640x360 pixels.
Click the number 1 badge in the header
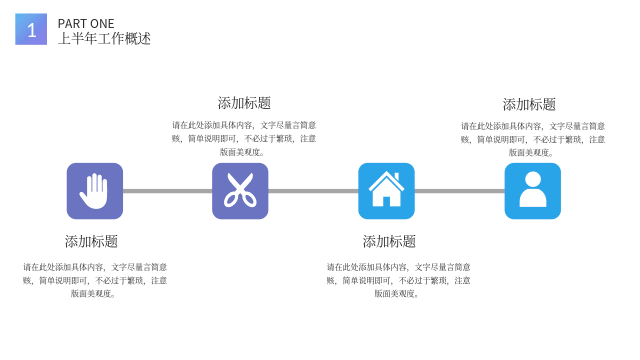click(x=31, y=29)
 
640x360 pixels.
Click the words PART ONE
click(x=86, y=23)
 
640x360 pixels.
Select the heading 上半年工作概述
click(x=104, y=38)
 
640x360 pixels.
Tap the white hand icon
click(x=93, y=191)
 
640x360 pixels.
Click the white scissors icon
click(x=240, y=190)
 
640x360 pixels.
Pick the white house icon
click(x=386, y=188)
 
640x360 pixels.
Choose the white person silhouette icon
click(x=533, y=189)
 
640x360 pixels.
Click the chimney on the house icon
click(x=396, y=176)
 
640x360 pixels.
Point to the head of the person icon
click(x=533, y=179)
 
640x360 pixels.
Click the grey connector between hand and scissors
click(x=167, y=191)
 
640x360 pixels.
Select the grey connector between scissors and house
click(x=313, y=191)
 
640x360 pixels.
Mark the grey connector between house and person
click(x=459, y=191)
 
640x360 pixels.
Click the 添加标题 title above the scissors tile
click(x=244, y=103)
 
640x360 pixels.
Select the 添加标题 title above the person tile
click(x=529, y=104)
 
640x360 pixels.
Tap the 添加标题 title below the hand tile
click(x=91, y=241)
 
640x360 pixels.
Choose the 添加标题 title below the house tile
click(x=389, y=241)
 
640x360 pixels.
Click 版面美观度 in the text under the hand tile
click(x=91, y=293)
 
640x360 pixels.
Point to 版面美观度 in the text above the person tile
click(x=529, y=152)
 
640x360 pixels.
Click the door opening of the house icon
click(x=386, y=201)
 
